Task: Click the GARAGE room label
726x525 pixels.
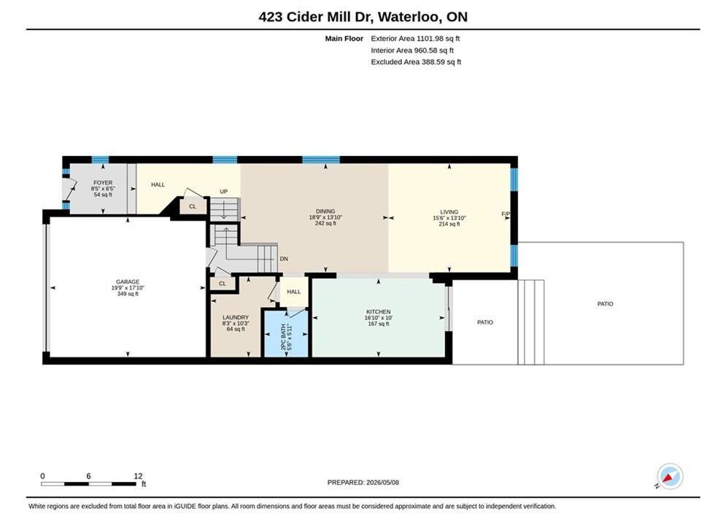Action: pyautogui.click(x=128, y=281)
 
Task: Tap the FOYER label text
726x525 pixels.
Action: pyautogui.click(x=103, y=183)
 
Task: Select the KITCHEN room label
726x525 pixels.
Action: pyautogui.click(x=378, y=312)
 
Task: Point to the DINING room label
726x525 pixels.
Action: pyautogui.click(x=325, y=211)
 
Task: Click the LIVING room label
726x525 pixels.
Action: pyautogui.click(x=449, y=212)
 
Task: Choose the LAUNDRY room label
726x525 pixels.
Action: pyautogui.click(x=236, y=317)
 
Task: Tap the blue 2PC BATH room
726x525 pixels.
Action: pyautogui.click(x=286, y=333)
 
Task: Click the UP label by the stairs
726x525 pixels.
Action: pyautogui.click(x=223, y=192)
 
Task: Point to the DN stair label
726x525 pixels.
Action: pyautogui.click(x=284, y=259)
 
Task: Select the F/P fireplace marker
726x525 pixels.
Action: pyautogui.click(x=506, y=214)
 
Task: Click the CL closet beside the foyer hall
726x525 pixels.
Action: pyautogui.click(x=193, y=206)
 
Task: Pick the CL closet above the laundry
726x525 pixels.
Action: pyautogui.click(x=223, y=284)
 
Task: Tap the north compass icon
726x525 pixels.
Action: pyautogui.click(x=670, y=476)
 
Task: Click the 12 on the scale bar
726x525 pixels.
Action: pyautogui.click(x=138, y=475)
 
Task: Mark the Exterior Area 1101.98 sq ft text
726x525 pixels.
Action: pyautogui.click(x=415, y=39)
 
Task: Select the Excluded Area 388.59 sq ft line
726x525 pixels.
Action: pyautogui.click(x=416, y=61)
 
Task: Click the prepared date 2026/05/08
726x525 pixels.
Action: pyautogui.click(x=382, y=482)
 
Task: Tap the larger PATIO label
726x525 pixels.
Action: pyautogui.click(x=605, y=304)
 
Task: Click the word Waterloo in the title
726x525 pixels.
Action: pyautogui.click(x=409, y=17)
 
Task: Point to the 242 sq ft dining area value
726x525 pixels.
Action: pyautogui.click(x=325, y=223)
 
